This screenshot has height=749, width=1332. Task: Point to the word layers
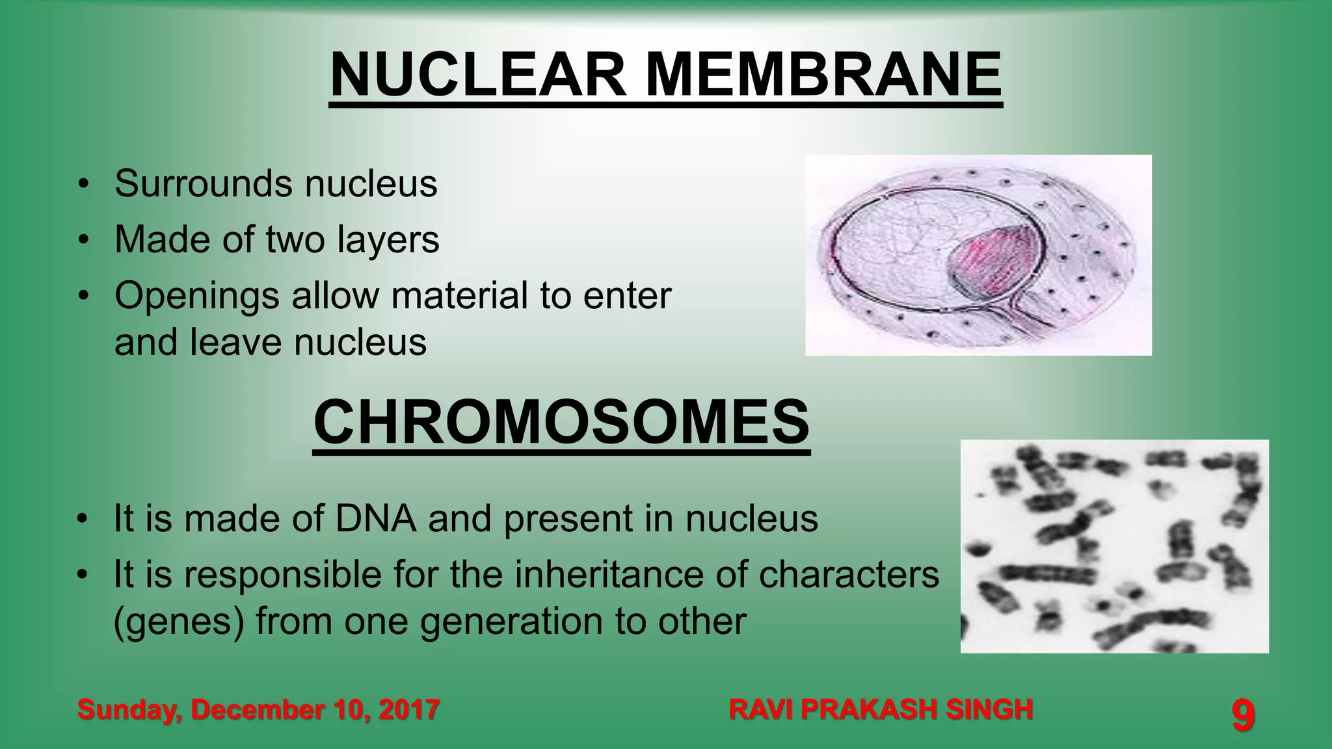[388, 239]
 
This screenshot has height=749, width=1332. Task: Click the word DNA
[376, 519]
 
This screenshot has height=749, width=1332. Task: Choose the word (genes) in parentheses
[179, 622]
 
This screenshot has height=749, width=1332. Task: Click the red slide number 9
[1242, 716]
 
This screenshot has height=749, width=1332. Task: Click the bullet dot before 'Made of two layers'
[83, 240]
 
